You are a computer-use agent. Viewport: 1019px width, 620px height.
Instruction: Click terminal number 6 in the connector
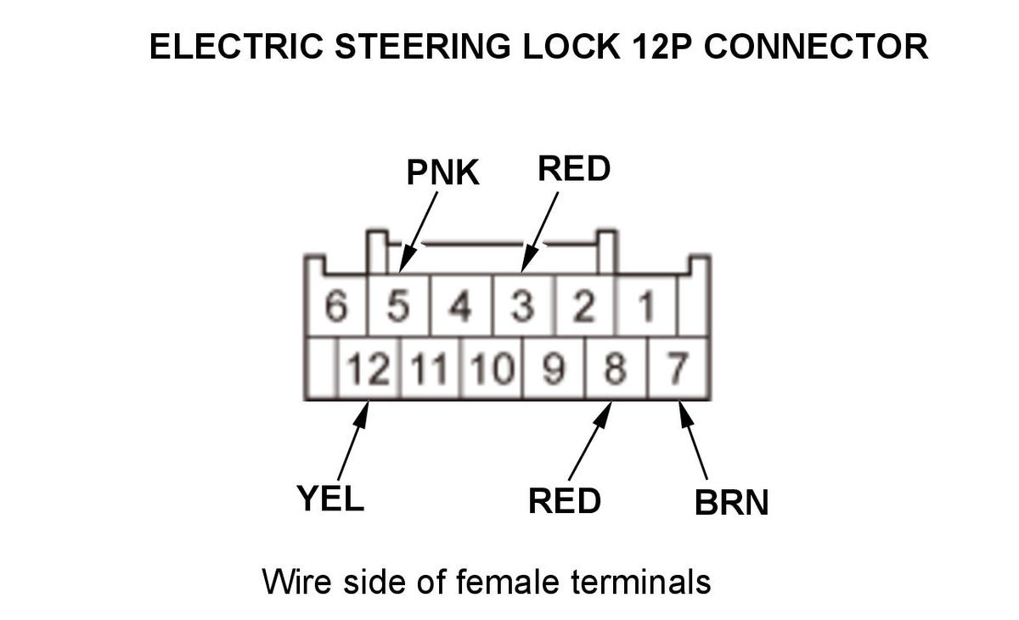337,307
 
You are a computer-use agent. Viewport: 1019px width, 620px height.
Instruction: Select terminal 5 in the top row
397,307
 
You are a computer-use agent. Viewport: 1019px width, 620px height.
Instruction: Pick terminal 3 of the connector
522,307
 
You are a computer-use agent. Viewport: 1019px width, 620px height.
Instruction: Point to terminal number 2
583,307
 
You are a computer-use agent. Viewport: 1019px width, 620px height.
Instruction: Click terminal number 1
646,307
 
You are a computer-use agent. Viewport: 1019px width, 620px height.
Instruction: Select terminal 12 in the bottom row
368,369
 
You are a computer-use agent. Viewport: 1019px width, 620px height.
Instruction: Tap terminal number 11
429,369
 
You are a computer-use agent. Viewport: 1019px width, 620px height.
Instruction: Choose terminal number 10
491,369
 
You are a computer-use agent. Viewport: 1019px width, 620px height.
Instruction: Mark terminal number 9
553,369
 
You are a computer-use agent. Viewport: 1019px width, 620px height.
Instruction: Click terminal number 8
616,369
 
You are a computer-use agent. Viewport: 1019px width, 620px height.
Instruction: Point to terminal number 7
678,369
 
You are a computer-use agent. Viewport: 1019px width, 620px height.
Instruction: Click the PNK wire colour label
443,172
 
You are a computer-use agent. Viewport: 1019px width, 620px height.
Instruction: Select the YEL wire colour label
330,498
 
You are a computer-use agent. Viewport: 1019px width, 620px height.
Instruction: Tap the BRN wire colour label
731,502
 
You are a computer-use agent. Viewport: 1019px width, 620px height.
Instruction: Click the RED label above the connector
574,169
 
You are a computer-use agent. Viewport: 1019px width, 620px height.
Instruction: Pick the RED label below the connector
565,500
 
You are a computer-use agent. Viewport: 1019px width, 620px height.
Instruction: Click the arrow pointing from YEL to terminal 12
353,442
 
